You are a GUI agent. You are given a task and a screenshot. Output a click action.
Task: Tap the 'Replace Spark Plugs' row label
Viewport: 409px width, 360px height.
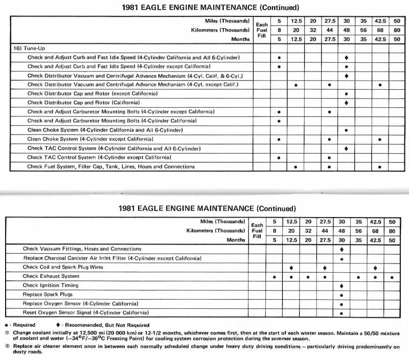pyautogui.click(x=48, y=294)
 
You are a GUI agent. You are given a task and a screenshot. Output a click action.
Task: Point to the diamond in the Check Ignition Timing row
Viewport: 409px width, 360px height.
pyautogui.click(x=342, y=286)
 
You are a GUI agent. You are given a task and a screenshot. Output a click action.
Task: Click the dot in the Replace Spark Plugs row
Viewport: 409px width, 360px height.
pyautogui.click(x=342, y=295)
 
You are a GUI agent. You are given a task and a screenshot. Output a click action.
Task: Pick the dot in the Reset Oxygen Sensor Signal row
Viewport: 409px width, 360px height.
pyautogui.click(x=342, y=313)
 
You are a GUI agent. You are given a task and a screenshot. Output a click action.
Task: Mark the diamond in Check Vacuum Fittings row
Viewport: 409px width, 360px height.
pyautogui.click(x=342, y=250)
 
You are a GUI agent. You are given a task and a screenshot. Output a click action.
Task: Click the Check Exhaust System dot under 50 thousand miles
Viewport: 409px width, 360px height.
pyautogui.click(x=392, y=277)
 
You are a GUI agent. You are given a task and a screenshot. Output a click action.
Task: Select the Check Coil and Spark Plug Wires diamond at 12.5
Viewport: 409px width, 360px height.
pyautogui.click(x=291, y=268)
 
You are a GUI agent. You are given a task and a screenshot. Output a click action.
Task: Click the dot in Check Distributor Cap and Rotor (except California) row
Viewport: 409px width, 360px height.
pyautogui.click(x=347, y=94)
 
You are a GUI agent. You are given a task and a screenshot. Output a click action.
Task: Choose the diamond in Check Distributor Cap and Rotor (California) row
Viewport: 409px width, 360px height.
pyautogui.click(x=347, y=103)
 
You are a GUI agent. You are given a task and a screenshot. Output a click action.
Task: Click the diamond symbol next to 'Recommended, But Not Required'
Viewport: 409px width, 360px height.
pyautogui.click(x=57, y=325)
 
